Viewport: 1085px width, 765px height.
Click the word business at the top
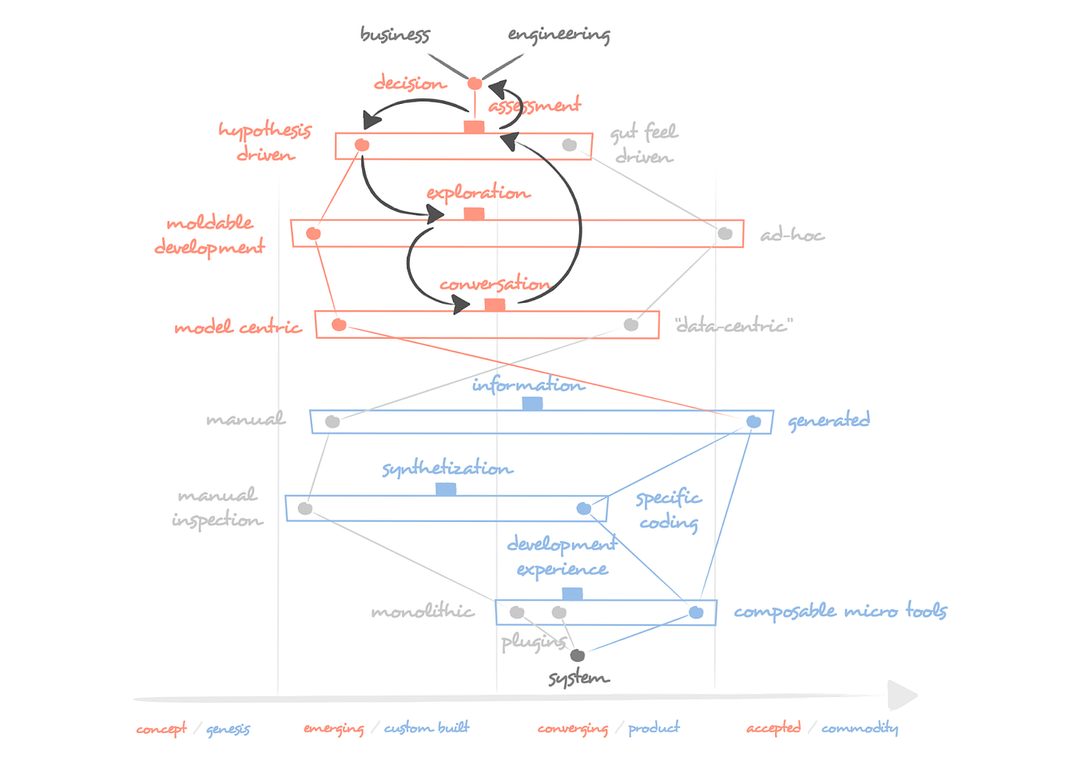point(395,34)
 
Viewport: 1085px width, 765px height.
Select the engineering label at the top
point(558,34)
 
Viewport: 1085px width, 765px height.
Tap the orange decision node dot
point(475,83)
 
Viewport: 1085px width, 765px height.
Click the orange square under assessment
point(474,127)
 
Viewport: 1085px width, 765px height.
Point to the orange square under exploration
point(474,213)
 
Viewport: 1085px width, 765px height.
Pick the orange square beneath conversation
point(495,305)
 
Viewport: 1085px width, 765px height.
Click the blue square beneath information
point(532,404)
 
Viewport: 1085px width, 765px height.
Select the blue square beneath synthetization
point(446,488)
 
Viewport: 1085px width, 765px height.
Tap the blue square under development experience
point(572,593)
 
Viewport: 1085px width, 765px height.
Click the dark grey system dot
point(577,655)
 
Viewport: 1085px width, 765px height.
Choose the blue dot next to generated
point(753,421)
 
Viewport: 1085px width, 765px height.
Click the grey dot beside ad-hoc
point(725,233)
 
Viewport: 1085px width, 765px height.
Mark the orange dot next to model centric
point(339,325)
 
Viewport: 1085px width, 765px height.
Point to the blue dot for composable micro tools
point(696,612)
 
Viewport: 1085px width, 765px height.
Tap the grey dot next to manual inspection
point(304,508)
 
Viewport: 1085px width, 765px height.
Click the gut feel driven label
point(644,144)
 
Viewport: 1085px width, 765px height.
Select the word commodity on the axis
point(860,728)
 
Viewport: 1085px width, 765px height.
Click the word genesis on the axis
point(228,729)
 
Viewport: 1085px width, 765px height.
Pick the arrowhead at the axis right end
point(903,695)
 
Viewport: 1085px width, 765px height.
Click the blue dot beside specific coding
point(584,508)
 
